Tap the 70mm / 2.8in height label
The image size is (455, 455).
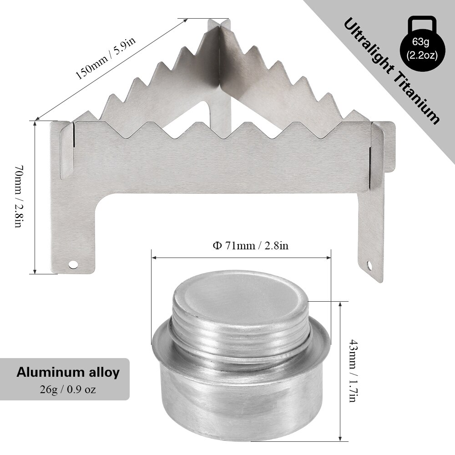point(18,197)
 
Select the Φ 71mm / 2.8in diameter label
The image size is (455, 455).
point(251,246)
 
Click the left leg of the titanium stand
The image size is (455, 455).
point(73,227)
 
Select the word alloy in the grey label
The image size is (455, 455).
point(102,373)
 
